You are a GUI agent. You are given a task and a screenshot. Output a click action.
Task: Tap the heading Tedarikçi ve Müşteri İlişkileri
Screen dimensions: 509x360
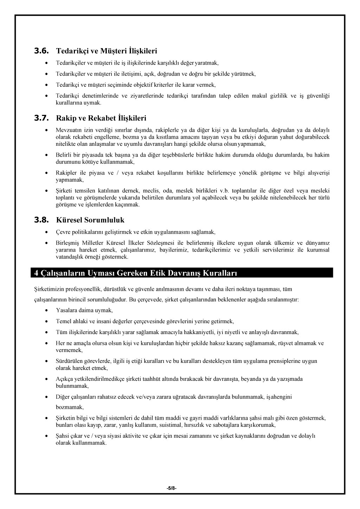tap(107, 51)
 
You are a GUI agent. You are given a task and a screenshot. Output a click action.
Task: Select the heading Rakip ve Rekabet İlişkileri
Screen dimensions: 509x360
tap(101, 118)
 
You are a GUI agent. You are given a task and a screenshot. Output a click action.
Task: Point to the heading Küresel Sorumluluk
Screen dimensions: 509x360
tap(90, 220)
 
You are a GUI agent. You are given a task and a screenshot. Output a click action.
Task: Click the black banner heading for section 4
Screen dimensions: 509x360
tap(135, 273)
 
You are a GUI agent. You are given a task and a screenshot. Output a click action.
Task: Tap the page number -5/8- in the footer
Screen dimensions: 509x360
tap(172, 488)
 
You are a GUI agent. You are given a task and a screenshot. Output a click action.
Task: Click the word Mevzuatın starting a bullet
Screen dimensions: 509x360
tap(67, 130)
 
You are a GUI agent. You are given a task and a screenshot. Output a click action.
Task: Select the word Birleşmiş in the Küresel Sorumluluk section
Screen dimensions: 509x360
tap(67, 243)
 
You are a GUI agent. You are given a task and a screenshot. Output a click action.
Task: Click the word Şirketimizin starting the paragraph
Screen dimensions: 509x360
tap(47, 289)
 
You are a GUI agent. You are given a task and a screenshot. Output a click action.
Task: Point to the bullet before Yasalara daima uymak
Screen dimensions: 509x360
tap(47, 311)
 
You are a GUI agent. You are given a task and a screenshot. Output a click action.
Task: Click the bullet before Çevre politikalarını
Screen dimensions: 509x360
tap(47, 232)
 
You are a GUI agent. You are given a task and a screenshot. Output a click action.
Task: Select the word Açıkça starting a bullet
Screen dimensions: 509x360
tap(64, 379)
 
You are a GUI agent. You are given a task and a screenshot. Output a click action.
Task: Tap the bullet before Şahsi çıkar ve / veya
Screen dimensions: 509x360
tap(47, 436)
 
